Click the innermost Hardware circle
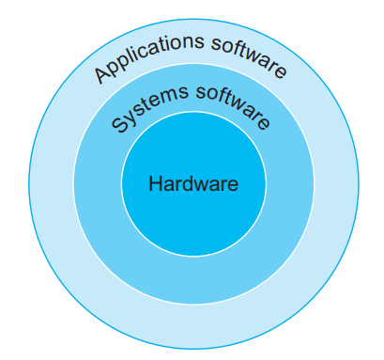click(x=192, y=211)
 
